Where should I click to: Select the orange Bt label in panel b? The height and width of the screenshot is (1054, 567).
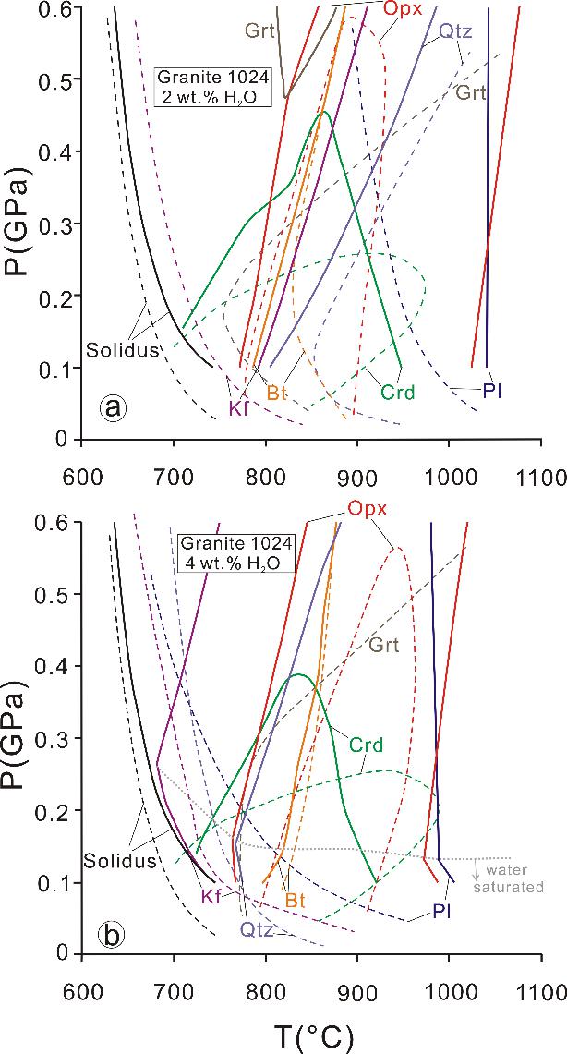point(296,897)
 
